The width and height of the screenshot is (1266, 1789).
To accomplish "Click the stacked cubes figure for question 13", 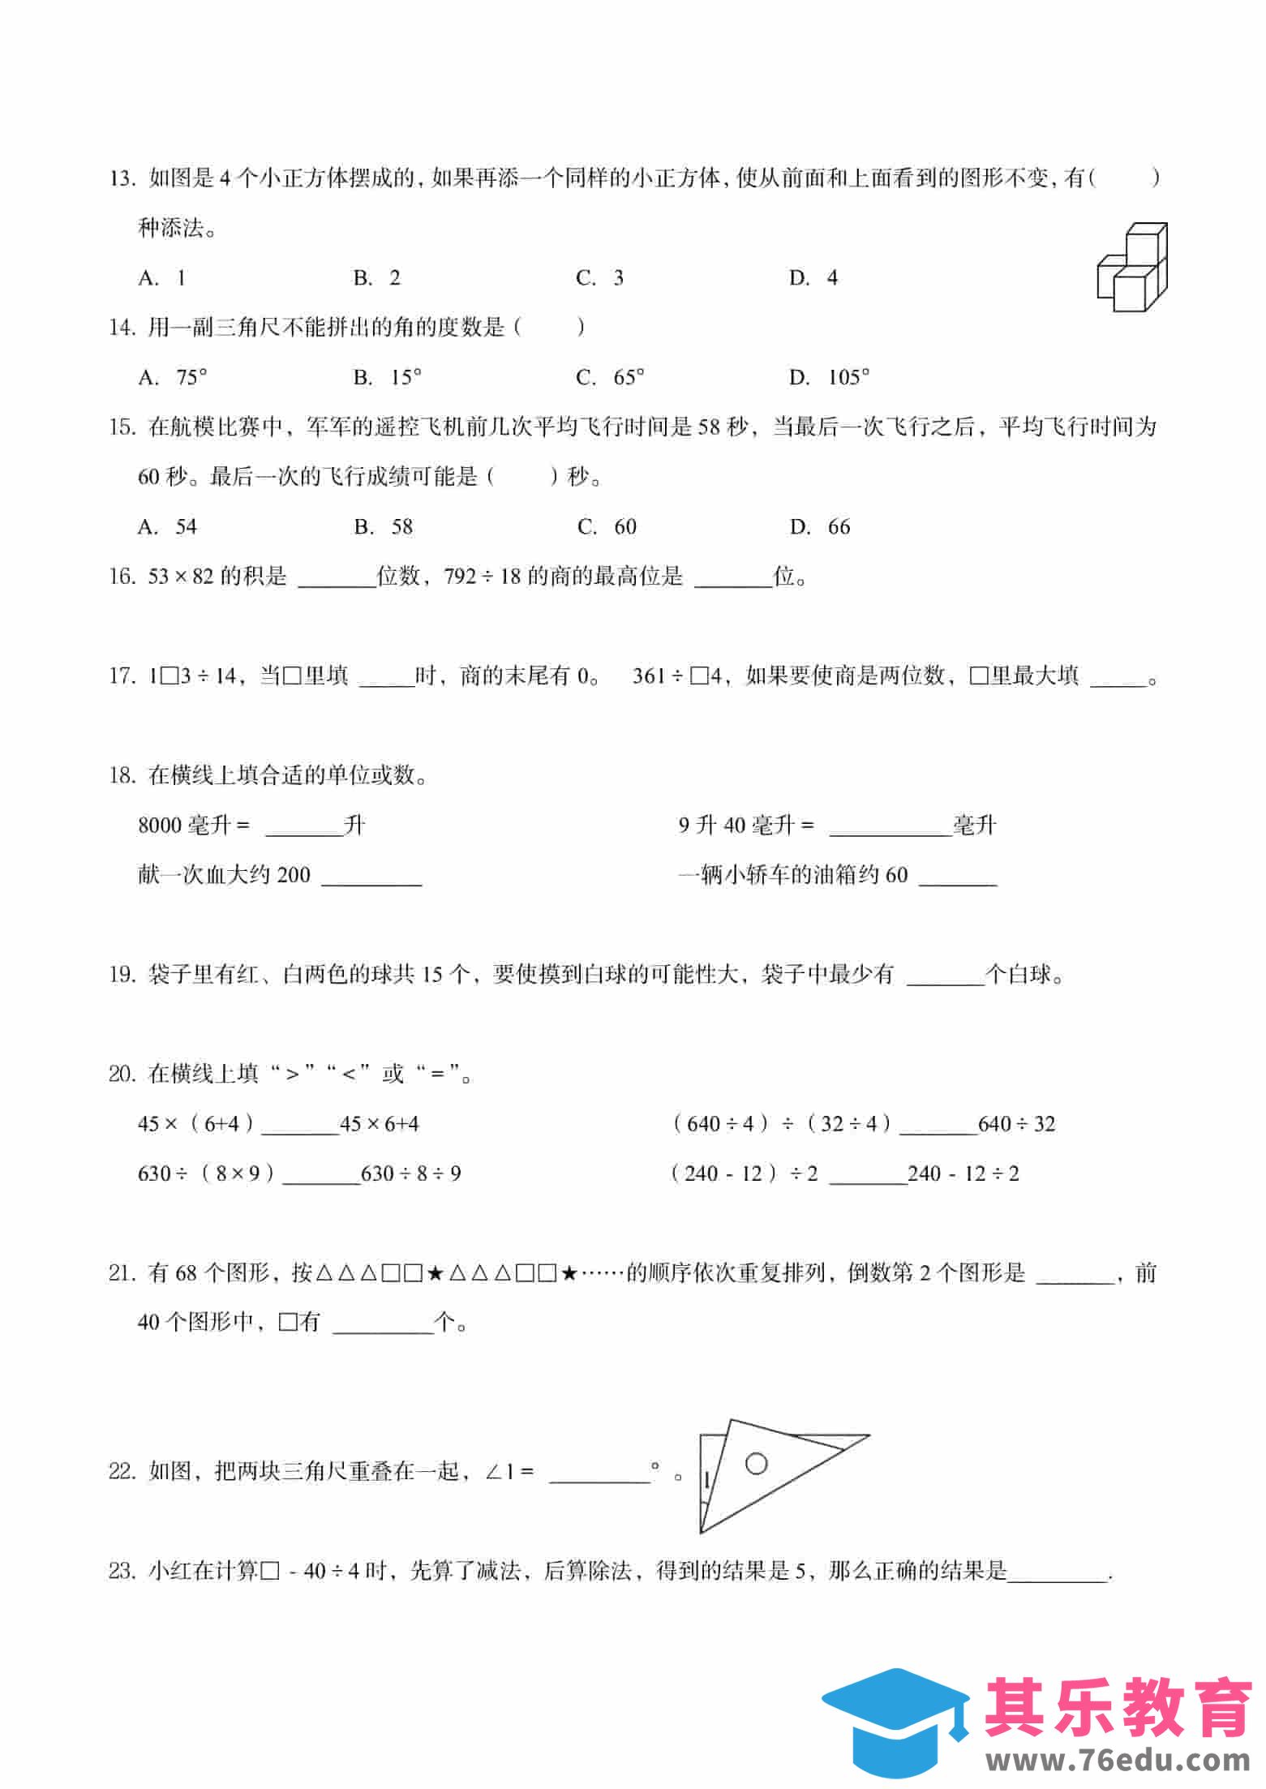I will (x=1132, y=267).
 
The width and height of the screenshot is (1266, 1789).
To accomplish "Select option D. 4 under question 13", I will (x=813, y=278).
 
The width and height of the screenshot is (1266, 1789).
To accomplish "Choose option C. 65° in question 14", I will (x=611, y=377).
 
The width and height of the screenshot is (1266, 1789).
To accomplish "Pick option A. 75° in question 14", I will (x=173, y=377).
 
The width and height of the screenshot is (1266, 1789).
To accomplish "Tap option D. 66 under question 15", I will (x=820, y=527).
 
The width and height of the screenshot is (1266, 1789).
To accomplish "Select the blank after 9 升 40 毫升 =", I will (x=890, y=827).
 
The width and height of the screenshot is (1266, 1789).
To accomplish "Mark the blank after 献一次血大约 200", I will (x=371, y=877).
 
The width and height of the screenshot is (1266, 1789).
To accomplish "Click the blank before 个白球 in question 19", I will (x=944, y=976).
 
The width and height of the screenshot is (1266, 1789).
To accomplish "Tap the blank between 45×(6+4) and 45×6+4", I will (x=299, y=1126).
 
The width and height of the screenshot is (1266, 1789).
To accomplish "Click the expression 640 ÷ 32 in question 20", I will (x=1016, y=1124).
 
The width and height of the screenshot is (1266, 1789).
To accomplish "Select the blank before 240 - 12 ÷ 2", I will (x=868, y=1175).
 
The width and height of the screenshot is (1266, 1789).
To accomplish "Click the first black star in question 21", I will (x=434, y=1274).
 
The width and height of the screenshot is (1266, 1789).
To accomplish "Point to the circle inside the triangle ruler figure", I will (x=756, y=1464).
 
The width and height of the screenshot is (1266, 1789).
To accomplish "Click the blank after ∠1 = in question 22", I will (x=599, y=1474).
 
